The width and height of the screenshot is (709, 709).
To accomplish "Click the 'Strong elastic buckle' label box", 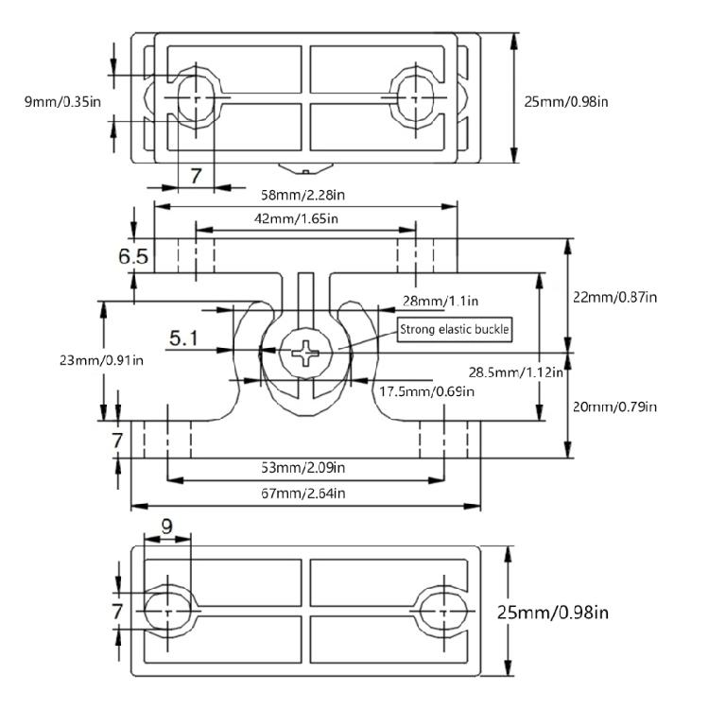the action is [455, 329].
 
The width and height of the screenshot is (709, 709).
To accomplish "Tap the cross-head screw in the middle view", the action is [305, 353].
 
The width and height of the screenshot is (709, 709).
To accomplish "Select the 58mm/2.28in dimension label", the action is [303, 195].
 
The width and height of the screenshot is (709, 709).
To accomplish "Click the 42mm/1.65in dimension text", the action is [296, 219].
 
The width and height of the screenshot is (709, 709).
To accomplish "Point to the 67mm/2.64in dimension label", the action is [303, 493].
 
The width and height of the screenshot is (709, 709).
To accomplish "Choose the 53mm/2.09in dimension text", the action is [303, 467].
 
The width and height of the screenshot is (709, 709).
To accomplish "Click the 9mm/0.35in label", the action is [62, 101].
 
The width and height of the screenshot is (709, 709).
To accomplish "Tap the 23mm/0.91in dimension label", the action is [101, 360].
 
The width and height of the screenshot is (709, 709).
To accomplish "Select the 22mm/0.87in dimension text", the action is [615, 297].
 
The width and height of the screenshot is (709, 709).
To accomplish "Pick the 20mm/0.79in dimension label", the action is [614, 406].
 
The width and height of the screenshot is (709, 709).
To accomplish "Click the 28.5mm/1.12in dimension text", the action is [516, 372].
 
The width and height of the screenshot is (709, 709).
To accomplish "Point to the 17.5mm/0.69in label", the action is [427, 391].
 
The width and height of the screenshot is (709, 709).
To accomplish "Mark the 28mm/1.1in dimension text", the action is [441, 301].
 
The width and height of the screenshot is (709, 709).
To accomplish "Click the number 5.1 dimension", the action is [183, 337].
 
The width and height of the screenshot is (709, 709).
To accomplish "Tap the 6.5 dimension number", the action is [133, 256].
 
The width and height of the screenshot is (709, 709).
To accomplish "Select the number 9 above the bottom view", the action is [166, 527].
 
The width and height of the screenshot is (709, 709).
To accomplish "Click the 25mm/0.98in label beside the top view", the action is [566, 101].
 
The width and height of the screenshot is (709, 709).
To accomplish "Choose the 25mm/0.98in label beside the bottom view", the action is [553, 613].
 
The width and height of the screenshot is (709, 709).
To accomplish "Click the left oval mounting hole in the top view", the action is [196, 97].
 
